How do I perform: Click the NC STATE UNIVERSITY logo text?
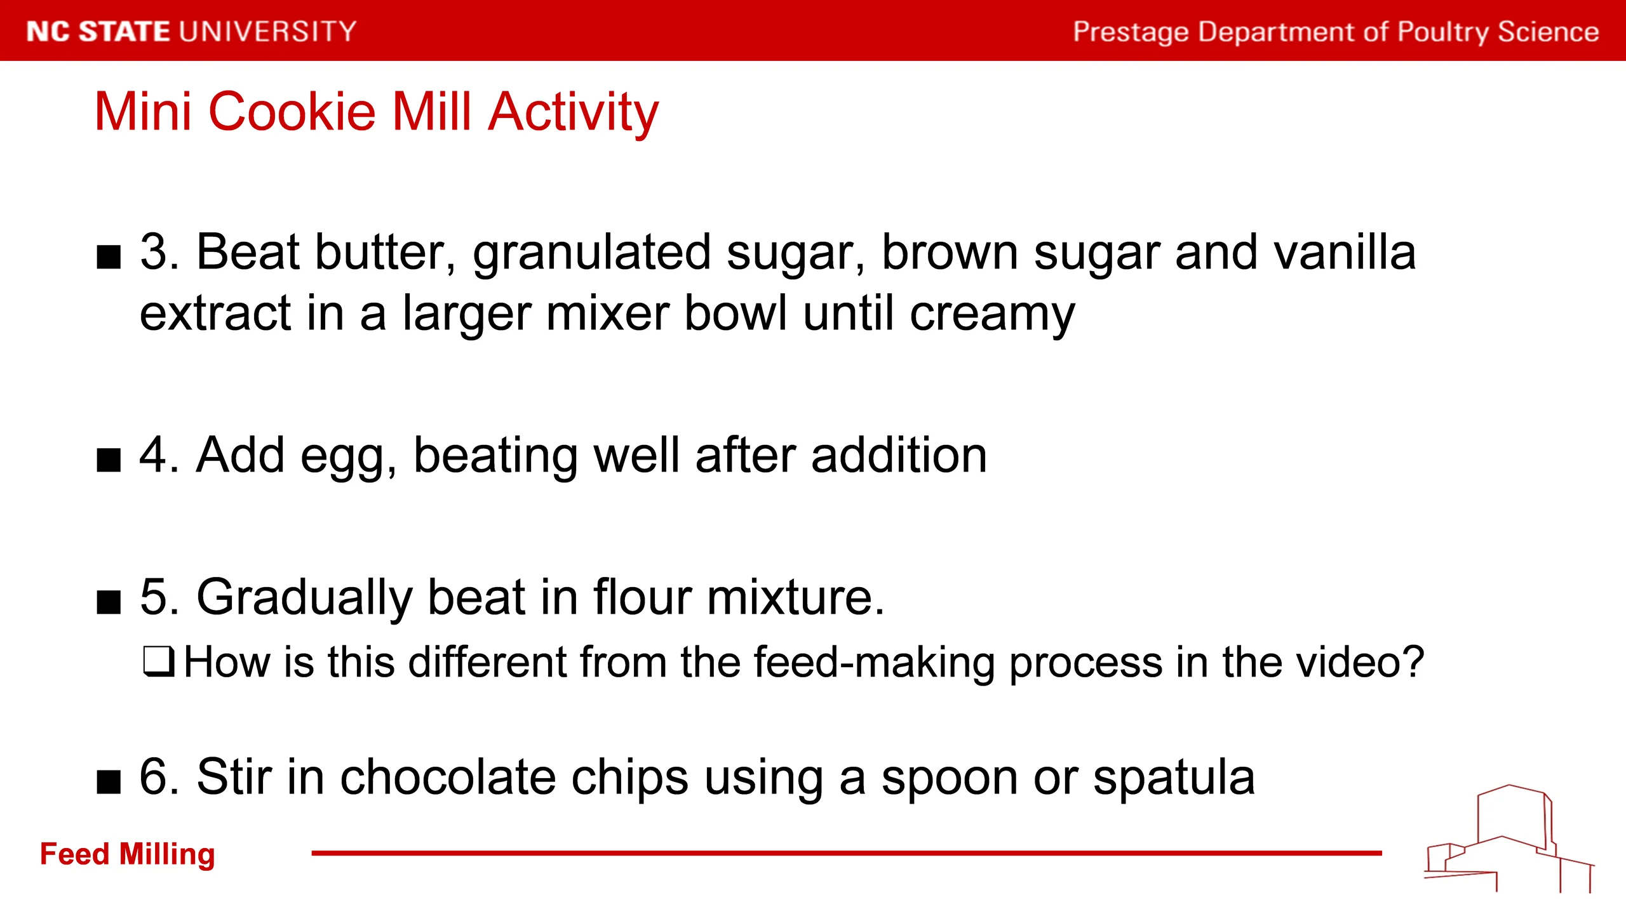pyautogui.click(x=191, y=32)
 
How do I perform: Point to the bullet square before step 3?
pyautogui.click(x=109, y=258)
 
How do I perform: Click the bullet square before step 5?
pyautogui.click(x=109, y=602)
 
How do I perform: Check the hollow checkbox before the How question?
pyautogui.click(x=158, y=662)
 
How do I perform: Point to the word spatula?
pyautogui.click(x=1174, y=779)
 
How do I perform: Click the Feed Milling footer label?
pyautogui.click(x=128, y=855)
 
